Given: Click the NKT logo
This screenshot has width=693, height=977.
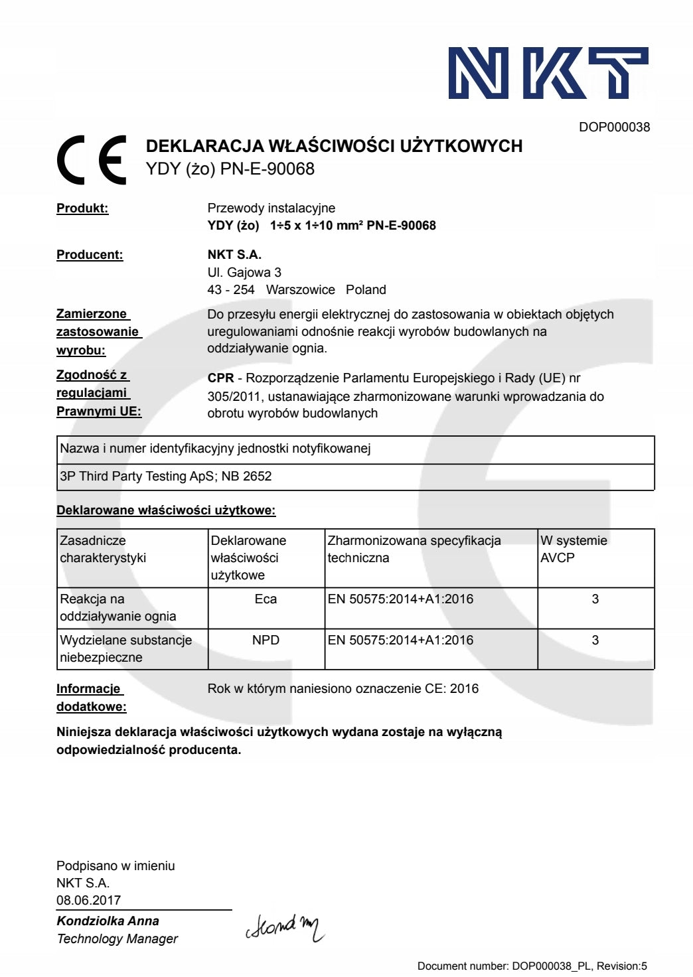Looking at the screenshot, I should click(548, 73).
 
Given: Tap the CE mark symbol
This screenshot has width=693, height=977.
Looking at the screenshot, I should click(92, 159).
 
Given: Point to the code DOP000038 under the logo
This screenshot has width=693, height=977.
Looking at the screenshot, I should click(614, 127).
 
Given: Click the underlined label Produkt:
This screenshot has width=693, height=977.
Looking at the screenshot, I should click(82, 208).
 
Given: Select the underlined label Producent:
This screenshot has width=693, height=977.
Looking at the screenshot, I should click(90, 255).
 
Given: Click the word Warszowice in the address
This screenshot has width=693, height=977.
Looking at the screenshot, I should click(300, 289).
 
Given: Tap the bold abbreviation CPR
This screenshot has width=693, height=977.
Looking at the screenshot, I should click(220, 378).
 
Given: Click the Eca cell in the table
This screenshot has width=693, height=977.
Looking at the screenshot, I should click(266, 599).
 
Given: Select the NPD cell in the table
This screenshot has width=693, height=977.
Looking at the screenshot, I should click(266, 640).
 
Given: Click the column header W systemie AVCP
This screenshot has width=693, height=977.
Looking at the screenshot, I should click(574, 549).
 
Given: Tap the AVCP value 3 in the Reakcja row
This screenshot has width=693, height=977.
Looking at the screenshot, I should click(595, 599).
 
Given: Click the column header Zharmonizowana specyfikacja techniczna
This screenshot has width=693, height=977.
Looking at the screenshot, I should click(414, 549).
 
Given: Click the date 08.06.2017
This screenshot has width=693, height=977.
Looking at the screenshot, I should click(89, 900).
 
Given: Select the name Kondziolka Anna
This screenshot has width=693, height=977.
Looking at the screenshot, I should click(108, 921).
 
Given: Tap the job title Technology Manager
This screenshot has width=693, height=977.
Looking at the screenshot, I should click(117, 939).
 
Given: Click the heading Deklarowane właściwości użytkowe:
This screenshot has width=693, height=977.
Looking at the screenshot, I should click(166, 510).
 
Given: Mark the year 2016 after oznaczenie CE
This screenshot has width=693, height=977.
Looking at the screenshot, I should click(464, 688).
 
